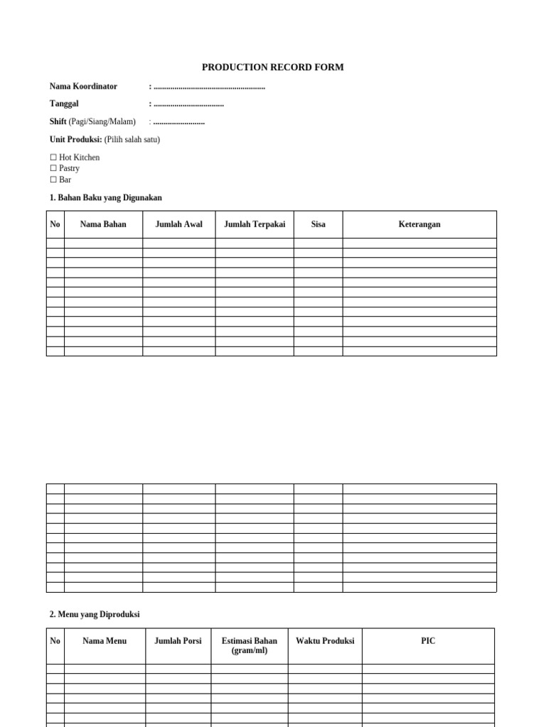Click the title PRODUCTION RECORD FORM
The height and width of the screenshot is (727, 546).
click(x=272, y=67)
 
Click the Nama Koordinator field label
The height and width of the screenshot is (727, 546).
click(x=83, y=87)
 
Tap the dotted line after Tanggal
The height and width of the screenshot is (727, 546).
click(x=188, y=104)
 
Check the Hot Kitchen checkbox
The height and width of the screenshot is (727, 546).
click(x=53, y=158)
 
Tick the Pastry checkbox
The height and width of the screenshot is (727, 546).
click(x=53, y=169)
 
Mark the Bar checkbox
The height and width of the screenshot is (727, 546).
click(x=53, y=180)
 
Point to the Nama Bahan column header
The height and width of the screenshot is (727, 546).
click(x=103, y=224)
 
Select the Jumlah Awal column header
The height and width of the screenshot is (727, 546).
click(x=178, y=224)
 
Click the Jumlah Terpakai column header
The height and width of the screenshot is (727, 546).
click(x=255, y=224)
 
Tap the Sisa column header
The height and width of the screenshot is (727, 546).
click(x=318, y=224)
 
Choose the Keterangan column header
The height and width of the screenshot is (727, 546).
click(x=419, y=224)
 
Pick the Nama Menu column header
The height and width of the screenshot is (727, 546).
click(x=105, y=641)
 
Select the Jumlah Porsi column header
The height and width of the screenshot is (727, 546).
click(x=178, y=641)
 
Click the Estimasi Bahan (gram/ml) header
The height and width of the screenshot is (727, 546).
click(x=250, y=645)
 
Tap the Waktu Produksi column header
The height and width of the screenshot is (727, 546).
click(x=325, y=641)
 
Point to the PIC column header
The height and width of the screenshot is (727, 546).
click(x=428, y=641)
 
